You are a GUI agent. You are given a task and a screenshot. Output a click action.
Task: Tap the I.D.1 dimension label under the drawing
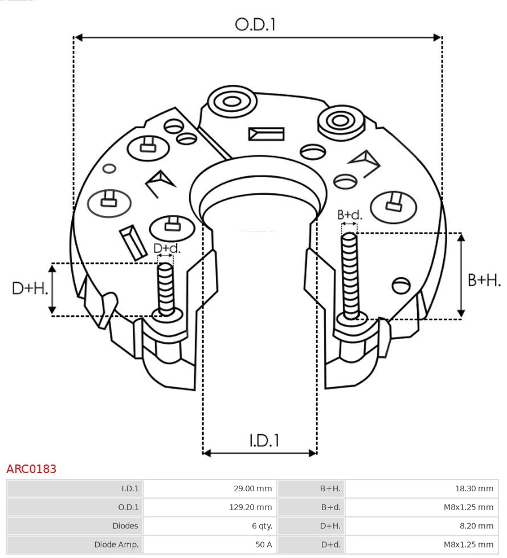click(264, 441)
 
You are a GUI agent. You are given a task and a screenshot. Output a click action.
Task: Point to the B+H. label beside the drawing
click(484, 280)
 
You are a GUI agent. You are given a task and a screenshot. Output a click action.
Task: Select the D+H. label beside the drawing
click(30, 288)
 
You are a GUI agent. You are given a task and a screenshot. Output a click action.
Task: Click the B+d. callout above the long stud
click(349, 215)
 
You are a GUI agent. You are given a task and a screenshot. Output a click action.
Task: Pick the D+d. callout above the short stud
click(166, 249)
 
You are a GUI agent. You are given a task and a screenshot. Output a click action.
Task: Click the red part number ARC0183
click(31, 469)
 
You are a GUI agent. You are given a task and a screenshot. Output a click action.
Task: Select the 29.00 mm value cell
click(252, 488)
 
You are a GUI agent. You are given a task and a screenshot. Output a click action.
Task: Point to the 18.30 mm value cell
click(473, 488)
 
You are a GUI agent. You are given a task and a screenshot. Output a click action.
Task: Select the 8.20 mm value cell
click(476, 526)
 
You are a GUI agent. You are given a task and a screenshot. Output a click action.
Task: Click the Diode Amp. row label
click(116, 544)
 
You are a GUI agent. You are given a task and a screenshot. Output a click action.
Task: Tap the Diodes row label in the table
click(125, 526)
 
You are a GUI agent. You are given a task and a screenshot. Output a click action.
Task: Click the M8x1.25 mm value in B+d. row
click(468, 507)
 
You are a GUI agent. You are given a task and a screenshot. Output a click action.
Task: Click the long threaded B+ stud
click(350, 274)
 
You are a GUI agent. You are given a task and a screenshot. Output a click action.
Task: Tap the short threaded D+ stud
click(166, 288)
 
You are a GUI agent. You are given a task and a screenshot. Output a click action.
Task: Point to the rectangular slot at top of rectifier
click(266, 134)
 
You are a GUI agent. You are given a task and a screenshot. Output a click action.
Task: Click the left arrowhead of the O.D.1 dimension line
click(79, 38)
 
